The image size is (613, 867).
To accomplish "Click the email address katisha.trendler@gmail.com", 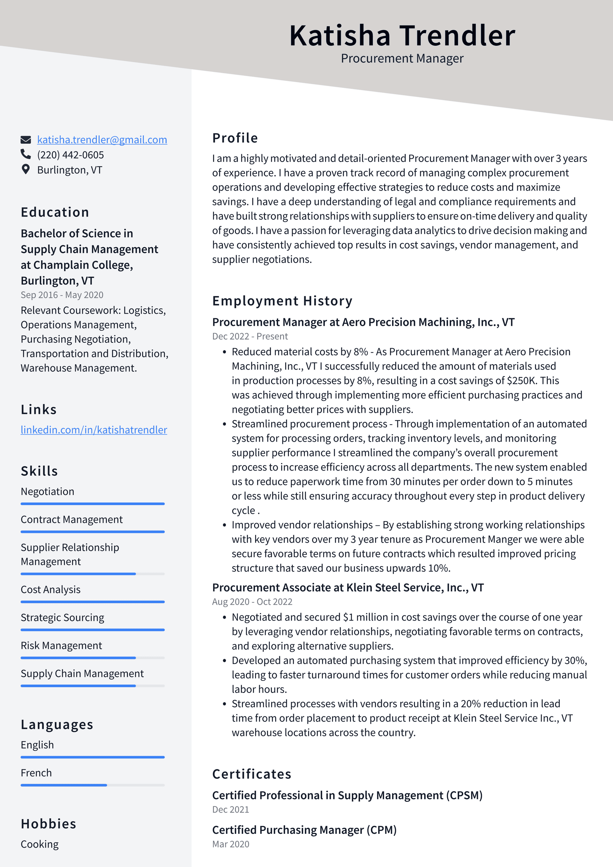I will [102, 140].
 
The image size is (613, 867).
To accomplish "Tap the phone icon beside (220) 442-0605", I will [26, 154].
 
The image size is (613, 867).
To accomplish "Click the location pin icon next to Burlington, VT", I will [26, 169].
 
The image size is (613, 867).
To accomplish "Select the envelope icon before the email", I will [26, 140].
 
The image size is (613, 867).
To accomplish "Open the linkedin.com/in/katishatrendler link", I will [94, 430].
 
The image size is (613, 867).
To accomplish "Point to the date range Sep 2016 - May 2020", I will [62, 295].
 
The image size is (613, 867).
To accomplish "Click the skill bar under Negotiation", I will [93, 504].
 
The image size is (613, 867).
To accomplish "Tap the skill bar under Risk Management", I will [93, 658].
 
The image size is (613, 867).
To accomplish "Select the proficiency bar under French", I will [93, 785].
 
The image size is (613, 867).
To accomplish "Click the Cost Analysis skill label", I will [50, 589].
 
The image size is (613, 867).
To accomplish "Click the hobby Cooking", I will [40, 844].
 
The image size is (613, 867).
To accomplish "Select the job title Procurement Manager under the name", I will [402, 58].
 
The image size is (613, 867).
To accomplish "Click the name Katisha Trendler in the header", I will [402, 35].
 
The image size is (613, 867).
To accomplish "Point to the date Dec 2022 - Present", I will [250, 336].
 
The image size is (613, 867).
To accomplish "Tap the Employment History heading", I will [282, 301].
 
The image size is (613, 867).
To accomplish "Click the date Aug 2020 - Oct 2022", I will [252, 602].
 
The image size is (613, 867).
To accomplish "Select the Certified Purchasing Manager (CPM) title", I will [304, 830].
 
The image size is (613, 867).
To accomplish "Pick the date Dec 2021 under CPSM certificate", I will [231, 809].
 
